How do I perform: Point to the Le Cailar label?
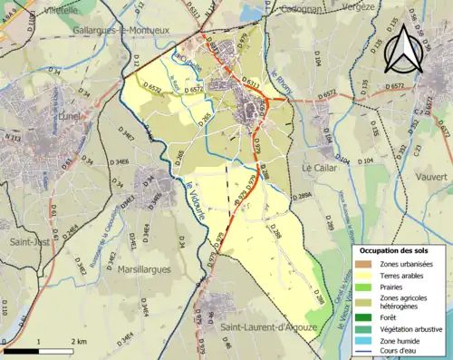tap(320, 169)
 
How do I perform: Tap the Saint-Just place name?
tap(30, 242)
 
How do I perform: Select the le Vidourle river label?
tap(195, 192)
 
